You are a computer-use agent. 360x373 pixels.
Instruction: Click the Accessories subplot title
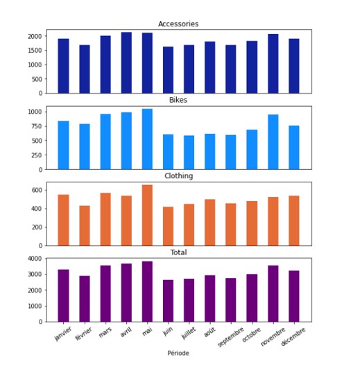pos(178,24)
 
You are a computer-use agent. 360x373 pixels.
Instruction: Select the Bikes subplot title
pos(178,100)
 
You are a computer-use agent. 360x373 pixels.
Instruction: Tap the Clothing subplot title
pos(179,176)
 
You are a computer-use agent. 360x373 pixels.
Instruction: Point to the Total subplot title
pos(178,252)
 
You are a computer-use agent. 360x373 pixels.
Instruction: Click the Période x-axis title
pos(178,353)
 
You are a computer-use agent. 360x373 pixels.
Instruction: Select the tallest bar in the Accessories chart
pos(126,63)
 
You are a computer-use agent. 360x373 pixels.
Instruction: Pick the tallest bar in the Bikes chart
pos(147,139)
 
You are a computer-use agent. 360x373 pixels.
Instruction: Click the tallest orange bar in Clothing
pos(147,216)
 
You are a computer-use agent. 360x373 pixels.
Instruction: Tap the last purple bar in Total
pos(294,296)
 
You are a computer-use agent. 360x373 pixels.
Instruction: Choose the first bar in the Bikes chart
pos(64,146)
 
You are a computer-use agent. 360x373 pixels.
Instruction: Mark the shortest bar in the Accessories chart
pos(169,70)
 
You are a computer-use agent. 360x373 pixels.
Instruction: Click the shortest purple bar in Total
pos(169,301)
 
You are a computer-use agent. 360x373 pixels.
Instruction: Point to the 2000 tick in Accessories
pos(35,36)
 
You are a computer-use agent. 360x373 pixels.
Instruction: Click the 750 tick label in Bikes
pos(37,126)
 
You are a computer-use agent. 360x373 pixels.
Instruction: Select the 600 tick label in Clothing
pos(37,190)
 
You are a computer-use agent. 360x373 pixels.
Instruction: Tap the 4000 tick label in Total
pos(35,259)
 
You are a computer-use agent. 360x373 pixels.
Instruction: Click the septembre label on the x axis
pos(231,337)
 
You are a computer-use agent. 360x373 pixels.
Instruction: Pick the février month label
pos(83,334)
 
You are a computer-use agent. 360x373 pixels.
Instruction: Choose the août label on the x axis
pos(209,332)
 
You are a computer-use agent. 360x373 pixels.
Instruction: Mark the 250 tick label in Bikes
pos(37,155)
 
